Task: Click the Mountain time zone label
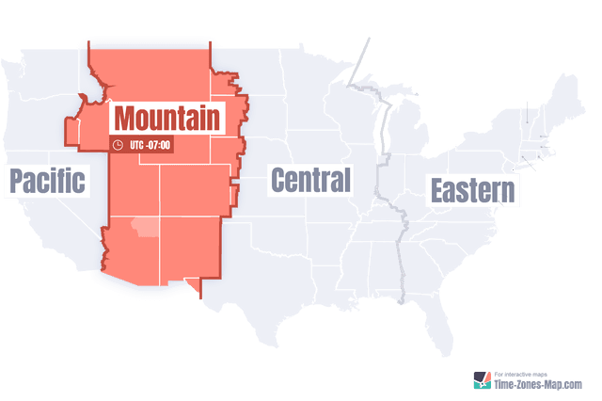point(168,118)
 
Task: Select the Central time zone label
point(310,179)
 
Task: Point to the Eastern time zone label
point(473,191)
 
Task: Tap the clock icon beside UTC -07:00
point(118,145)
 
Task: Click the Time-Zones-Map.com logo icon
point(481,379)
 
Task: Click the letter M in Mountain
point(129,119)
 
